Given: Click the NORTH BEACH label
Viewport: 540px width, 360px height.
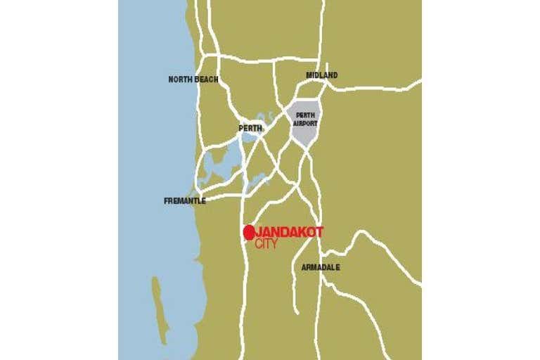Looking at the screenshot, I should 193,79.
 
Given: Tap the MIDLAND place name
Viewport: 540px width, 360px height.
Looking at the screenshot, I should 321,75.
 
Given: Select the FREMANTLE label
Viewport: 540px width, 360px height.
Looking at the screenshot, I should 185,201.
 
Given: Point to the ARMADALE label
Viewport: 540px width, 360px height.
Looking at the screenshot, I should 321,267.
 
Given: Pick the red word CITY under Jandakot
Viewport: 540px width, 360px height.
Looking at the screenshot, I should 267,244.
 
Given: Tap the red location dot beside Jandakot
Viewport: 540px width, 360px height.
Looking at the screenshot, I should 248,232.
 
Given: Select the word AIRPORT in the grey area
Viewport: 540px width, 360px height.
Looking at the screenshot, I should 305,123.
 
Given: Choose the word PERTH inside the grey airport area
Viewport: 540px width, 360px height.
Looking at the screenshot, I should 305,115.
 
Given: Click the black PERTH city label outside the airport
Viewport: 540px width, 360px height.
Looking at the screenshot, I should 250,129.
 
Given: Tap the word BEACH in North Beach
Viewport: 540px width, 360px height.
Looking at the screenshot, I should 207,79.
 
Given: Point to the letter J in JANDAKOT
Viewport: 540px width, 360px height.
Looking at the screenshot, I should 258,232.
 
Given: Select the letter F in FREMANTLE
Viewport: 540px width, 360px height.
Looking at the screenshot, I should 167,201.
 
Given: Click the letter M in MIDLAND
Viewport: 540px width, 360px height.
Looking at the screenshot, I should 309,75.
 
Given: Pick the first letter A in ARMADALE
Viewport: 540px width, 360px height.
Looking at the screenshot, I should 304,267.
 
